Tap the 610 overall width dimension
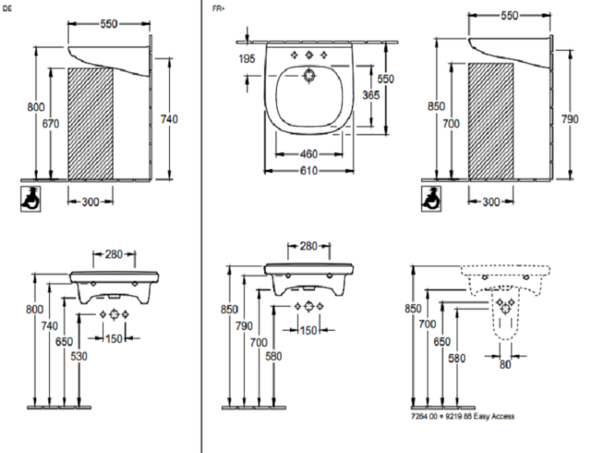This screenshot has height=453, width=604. click(308, 170)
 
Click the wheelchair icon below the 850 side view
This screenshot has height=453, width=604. click(430, 199)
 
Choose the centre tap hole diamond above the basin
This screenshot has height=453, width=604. click(308, 56)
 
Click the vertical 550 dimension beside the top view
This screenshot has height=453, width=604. click(387, 80)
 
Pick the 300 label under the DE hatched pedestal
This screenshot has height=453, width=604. click(89, 202)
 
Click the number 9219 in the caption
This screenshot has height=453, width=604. click(458, 417)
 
